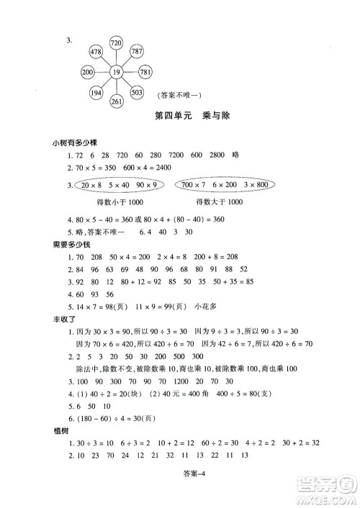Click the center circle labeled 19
[116, 72]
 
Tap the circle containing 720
[117, 45]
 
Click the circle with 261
[117, 100]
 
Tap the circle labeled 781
[145, 72]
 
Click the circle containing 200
[89, 72]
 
